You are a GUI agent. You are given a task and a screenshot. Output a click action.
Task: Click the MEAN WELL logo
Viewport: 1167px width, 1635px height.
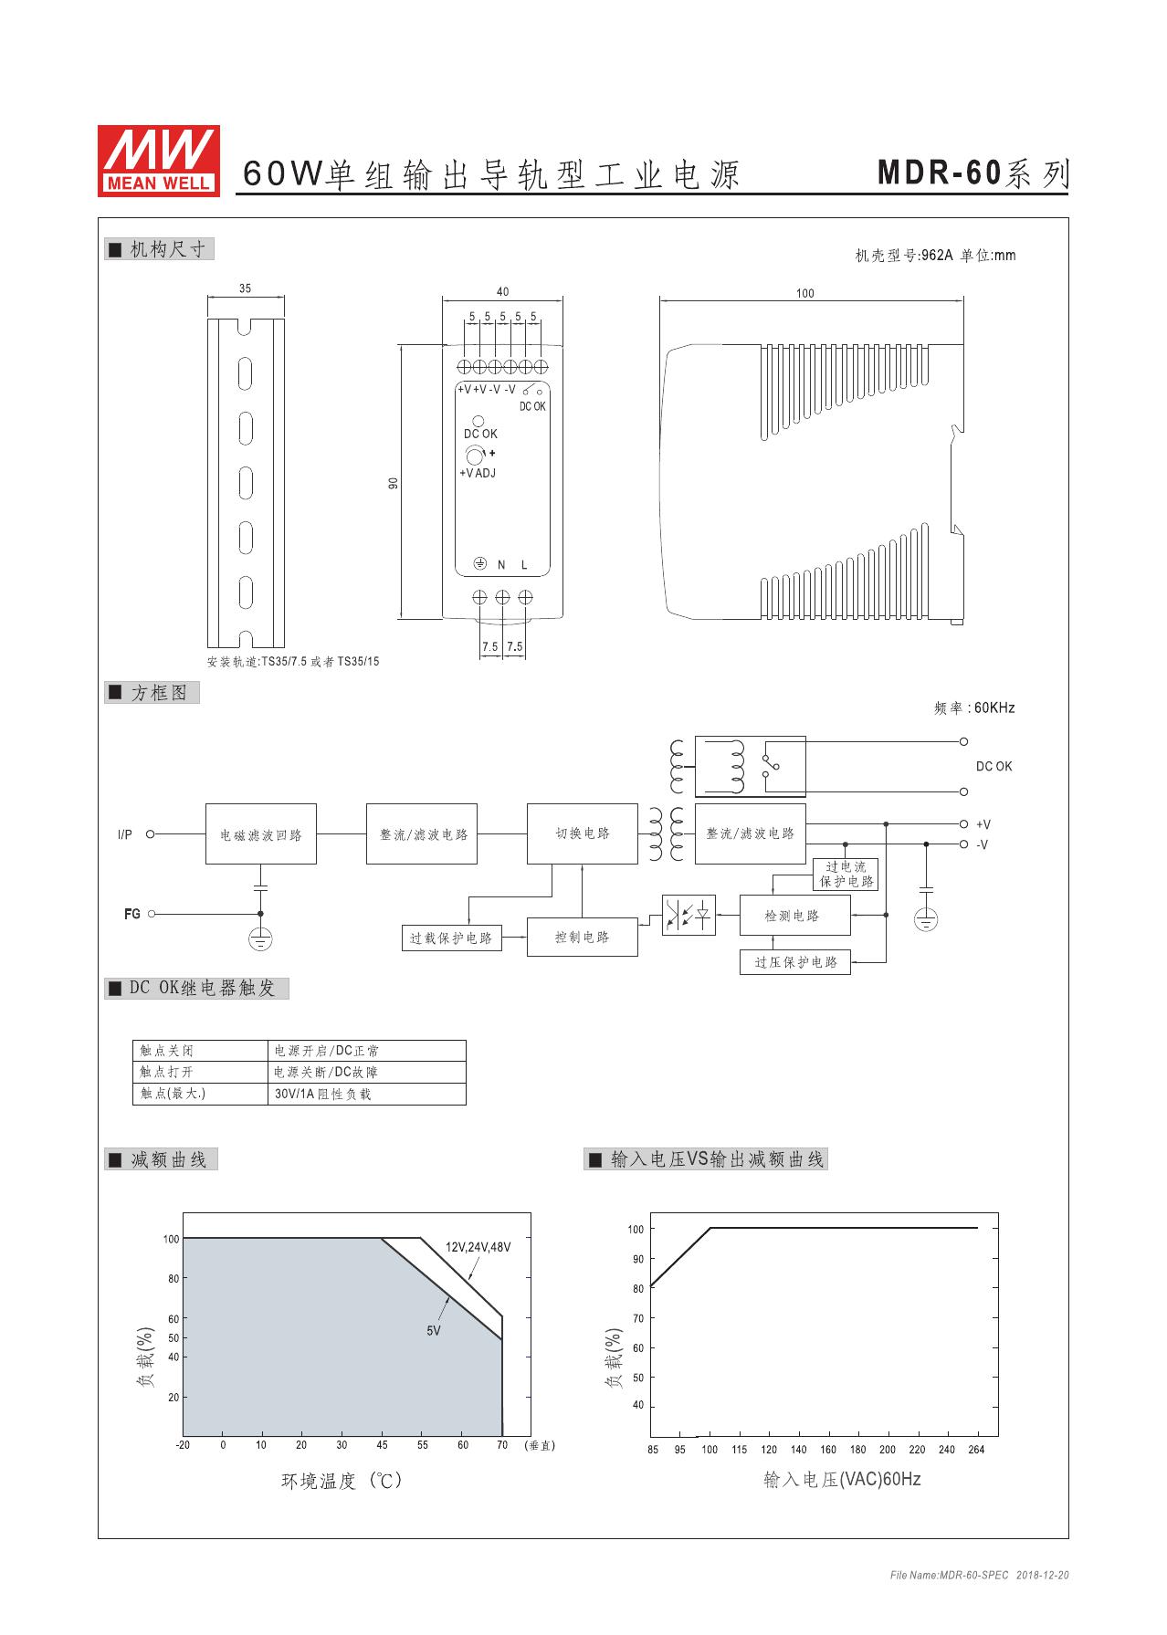pyautogui.click(x=158, y=160)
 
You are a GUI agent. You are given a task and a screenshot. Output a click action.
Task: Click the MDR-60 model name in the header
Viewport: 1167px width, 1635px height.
pyautogui.click(x=941, y=173)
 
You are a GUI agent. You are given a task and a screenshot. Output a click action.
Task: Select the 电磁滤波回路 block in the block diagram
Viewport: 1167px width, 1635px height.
pyautogui.click(x=261, y=833)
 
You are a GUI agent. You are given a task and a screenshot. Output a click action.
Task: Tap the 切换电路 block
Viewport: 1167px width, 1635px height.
pyautogui.click(x=583, y=833)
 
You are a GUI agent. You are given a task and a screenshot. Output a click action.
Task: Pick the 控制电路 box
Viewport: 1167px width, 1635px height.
pyautogui.click(x=583, y=937)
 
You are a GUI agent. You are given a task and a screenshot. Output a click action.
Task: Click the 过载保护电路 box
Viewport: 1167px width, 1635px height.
pyautogui.click(x=451, y=938)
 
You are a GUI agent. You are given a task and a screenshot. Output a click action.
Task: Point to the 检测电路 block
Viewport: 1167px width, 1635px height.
pyautogui.click(x=794, y=915)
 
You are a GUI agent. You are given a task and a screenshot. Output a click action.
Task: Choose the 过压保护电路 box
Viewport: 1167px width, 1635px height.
pyautogui.click(x=795, y=962)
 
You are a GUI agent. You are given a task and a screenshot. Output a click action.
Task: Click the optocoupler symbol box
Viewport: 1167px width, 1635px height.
pyautogui.click(x=689, y=915)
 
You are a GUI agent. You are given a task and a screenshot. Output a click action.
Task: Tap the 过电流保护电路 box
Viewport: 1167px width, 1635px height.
pyautogui.click(x=846, y=874)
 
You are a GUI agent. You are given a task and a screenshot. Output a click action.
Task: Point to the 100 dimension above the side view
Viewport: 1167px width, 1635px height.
pyautogui.click(x=804, y=293)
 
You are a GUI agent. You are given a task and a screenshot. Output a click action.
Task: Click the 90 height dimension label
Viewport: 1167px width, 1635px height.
pyautogui.click(x=394, y=482)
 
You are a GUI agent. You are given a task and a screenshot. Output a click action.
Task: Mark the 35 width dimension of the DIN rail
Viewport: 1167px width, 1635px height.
pyautogui.click(x=246, y=288)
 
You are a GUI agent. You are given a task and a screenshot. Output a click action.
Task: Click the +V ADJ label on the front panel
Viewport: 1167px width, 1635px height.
pyautogui.click(x=478, y=473)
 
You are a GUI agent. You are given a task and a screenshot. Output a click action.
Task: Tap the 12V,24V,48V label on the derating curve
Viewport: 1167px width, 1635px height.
pyautogui.click(x=478, y=1247)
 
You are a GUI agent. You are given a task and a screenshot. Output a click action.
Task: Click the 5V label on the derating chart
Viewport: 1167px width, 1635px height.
pyautogui.click(x=434, y=1331)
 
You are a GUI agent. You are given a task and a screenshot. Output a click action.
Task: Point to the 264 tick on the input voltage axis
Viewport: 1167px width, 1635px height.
pyautogui.click(x=976, y=1450)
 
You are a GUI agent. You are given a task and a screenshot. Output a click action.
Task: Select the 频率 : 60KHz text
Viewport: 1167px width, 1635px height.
pyautogui.click(x=974, y=707)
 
